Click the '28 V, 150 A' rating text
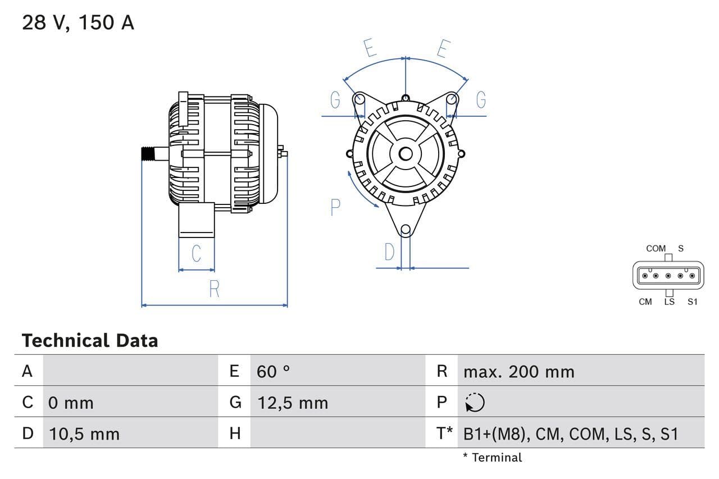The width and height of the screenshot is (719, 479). click(78, 23)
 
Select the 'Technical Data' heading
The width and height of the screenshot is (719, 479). click(90, 340)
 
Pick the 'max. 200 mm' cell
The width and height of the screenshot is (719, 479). click(518, 371)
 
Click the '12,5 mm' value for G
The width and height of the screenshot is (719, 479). click(292, 403)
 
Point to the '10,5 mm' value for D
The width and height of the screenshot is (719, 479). click(84, 434)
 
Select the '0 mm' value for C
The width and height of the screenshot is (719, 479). click(71, 403)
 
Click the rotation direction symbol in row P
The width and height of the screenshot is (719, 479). click(475, 402)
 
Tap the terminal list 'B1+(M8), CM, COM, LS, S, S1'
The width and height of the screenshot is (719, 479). click(571, 434)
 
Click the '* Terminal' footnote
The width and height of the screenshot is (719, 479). click(492, 457)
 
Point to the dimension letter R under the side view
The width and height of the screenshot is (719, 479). click(214, 289)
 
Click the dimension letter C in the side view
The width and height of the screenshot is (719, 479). click(196, 253)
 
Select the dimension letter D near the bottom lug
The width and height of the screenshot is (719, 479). click(389, 253)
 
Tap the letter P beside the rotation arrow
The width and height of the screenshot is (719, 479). click(335, 208)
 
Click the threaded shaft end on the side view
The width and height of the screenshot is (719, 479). click(148, 154)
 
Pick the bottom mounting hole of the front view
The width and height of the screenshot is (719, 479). click(406, 230)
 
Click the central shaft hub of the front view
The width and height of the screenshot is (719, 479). click(406, 154)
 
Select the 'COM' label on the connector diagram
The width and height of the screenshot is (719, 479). click(656, 248)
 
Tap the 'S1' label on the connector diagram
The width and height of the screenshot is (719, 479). click(692, 302)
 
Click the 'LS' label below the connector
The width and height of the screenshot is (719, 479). click(669, 302)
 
